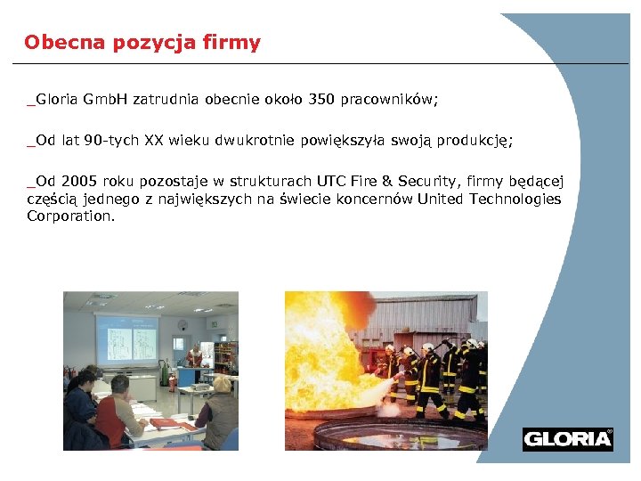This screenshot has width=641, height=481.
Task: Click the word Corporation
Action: coord(70,216)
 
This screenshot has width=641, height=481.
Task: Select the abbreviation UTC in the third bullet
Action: coord(335,182)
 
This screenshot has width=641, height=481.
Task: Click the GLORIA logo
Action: coord(567,439)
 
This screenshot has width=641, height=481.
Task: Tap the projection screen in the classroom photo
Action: coord(126,339)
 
